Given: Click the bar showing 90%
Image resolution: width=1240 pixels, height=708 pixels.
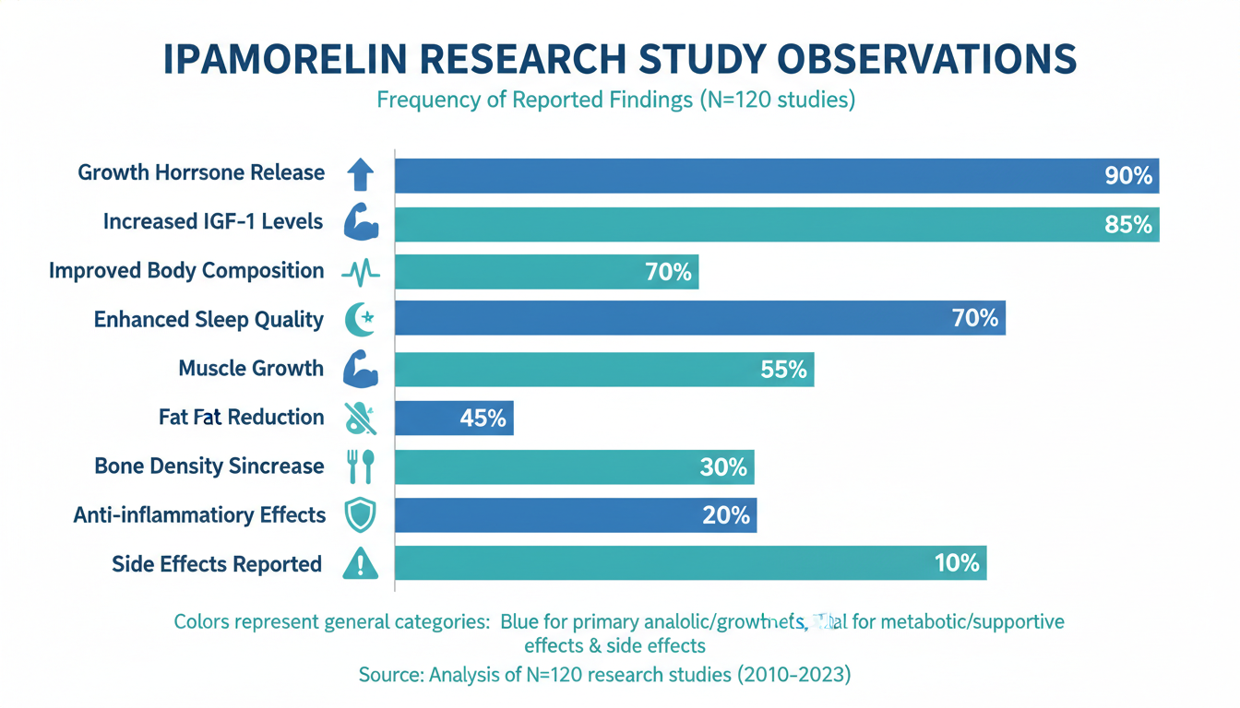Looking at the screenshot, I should click(x=776, y=175).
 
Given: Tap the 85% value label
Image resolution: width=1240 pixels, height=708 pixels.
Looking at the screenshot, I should click(x=1128, y=224).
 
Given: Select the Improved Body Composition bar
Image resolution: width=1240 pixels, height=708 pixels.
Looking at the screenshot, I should click(x=546, y=272).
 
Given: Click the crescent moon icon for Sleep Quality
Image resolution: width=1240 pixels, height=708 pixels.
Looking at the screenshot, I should click(x=359, y=320).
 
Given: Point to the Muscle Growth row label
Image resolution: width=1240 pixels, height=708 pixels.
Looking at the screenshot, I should click(x=251, y=369).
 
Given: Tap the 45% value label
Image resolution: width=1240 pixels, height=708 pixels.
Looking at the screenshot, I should click(x=483, y=419).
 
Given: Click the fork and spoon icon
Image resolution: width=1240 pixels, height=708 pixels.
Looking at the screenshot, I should click(x=360, y=466).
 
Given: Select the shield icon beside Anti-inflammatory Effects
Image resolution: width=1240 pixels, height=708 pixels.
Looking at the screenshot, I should click(x=360, y=515).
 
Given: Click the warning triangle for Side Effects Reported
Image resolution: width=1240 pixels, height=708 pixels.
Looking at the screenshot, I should click(x=360, y=564).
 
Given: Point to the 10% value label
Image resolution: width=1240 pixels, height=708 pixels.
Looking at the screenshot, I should click(x=956, y=563).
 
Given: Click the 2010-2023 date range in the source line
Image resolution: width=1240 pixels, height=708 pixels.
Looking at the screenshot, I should click(x=792, y=675).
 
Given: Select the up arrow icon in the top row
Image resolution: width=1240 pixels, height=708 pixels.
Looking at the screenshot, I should click(x=360, y=173).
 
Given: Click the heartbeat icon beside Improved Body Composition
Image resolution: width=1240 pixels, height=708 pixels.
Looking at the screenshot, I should click(x=360, y=272).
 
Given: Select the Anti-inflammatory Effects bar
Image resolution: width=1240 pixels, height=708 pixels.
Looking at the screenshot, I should click(x=575, y=515).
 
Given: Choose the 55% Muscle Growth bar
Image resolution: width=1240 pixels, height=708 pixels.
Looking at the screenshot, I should click(x=603, y=370).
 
